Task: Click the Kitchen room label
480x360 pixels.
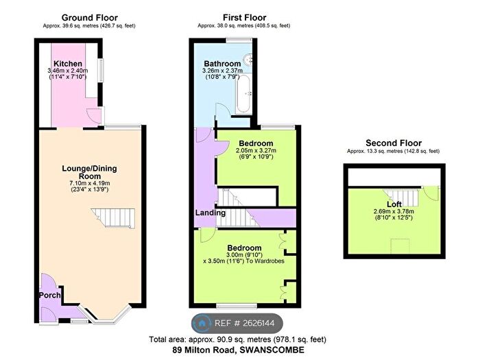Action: tap(68, 64)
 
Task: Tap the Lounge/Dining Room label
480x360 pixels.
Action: tap(89, 172)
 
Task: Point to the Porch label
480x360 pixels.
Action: tap(49, 296)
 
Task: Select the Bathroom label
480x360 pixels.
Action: tap(222, 64)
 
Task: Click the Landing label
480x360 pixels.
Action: tap(211, 213)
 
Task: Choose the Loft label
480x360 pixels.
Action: tap(394, 204)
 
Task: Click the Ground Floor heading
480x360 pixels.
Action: tap(89, 18)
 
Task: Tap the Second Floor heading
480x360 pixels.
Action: tap(394, 143)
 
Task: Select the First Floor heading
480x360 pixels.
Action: tap(244, 18)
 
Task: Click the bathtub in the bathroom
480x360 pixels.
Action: tap(244, 93)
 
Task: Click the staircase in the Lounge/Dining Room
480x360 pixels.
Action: tap(113, 218)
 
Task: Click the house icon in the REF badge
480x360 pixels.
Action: tap(202, 323)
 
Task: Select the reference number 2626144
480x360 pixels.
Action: tap(259, 323)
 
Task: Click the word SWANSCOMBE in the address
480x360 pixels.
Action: tap(272, 350)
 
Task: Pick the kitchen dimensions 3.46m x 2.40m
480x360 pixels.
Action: tap(68, 71)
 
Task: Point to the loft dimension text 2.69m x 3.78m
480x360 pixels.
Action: tap(394, 211)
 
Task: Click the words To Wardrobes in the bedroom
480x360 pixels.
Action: tap(265, 261)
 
